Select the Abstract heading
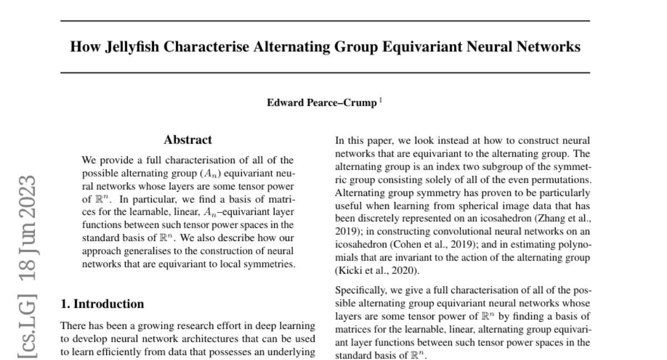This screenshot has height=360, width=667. [x=187, y=140]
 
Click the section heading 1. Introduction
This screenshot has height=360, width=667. [x=102, y=304]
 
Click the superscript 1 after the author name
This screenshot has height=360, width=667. [x=380, y=101]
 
